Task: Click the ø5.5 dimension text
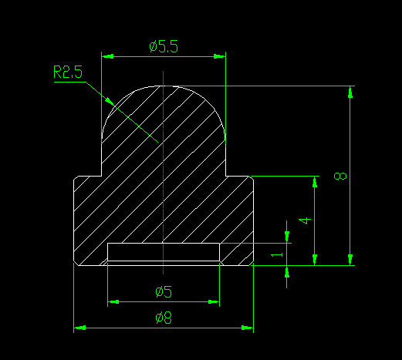(163, 46)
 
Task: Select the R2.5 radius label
(67, 73)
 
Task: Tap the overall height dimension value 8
(340, 176)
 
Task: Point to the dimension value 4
(305, 220)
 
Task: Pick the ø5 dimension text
(163, 291)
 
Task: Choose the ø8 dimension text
(163, 317)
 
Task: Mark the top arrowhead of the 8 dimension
(351, 91)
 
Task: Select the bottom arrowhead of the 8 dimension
(351, 260)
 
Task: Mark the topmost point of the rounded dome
(164, 86)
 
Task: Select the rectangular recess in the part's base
(164, 252)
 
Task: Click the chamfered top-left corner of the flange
(76, 178)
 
